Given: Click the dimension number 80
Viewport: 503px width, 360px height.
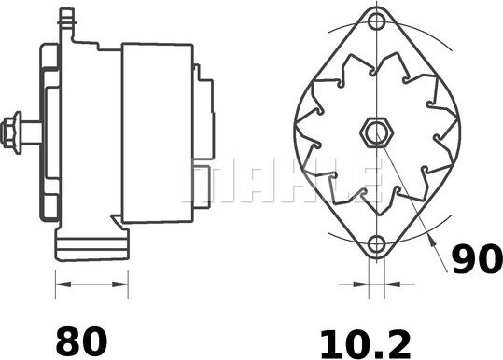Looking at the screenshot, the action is click(x=81, y=340).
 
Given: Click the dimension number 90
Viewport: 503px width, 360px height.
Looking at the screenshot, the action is click(x=477, y=258).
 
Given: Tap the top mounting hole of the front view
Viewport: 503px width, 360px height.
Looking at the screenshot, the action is click(x=376, y=21).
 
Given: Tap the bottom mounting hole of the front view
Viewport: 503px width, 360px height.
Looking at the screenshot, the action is click(x=376, y=244).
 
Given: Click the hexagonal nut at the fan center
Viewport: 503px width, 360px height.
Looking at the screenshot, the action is click(x=376, y=132).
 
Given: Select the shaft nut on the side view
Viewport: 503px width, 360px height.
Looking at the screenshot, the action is click(x=11, y=133).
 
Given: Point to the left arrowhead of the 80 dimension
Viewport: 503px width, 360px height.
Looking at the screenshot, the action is click(x=63, y=284).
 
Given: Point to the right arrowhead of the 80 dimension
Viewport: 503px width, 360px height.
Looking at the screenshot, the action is click(x=120, y=284).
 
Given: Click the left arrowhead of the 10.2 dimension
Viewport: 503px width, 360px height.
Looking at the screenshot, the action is click(x=361, y=284).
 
